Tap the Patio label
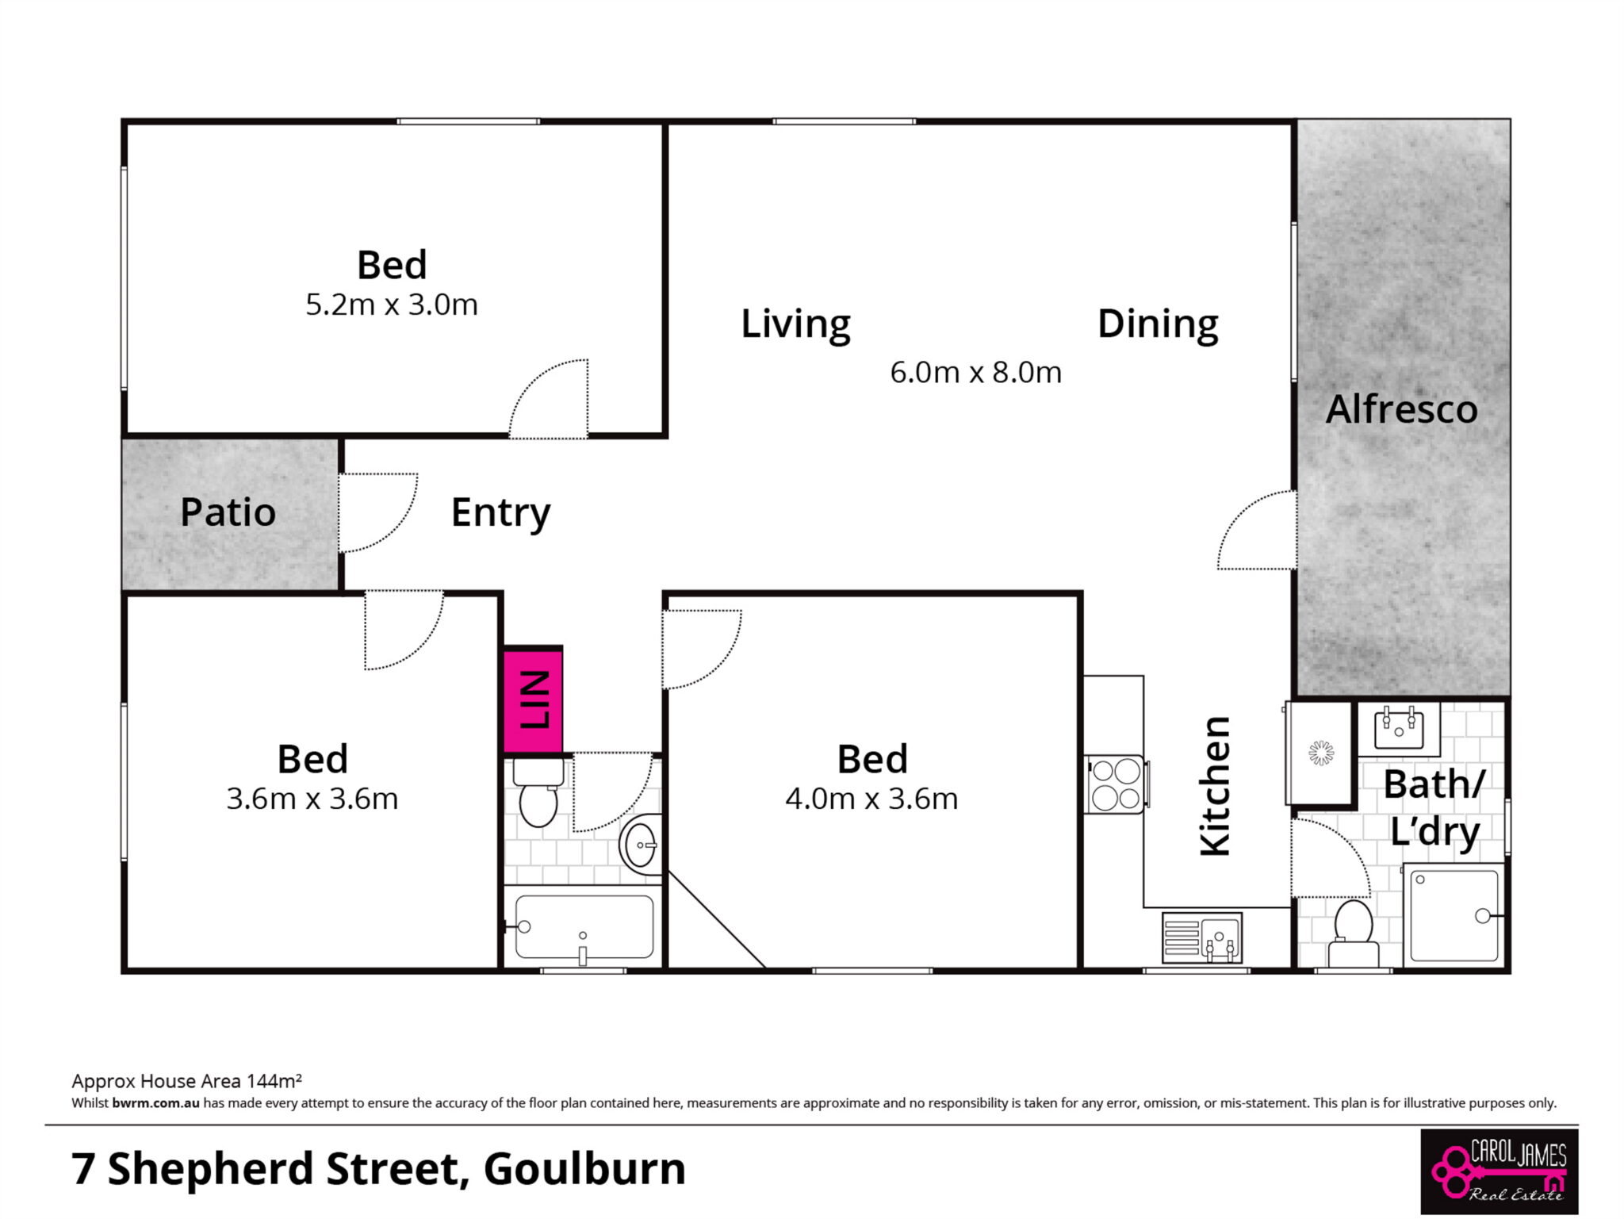[x=228, y=512]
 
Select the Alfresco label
[x=1402, y=409]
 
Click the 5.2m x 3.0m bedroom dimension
[x=392, y=305]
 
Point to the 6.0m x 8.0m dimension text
[x=975, y=372]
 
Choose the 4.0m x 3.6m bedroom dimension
[x=871, y=798]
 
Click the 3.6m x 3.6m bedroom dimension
[x=312, y=798]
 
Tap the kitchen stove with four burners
[x=1116, y=784]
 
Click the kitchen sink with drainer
[x=1202, y=937]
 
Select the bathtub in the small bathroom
[x=584, y=927]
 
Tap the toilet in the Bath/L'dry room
[x=1353, y=933]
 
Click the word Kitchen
[x=1216, y=786]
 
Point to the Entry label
[x=500, y=513]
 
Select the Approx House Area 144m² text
[x=186, y=1081]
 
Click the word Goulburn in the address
[x=584, y=1169]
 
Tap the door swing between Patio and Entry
[x=377, y=513]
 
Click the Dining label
[x=1158, y=324]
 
